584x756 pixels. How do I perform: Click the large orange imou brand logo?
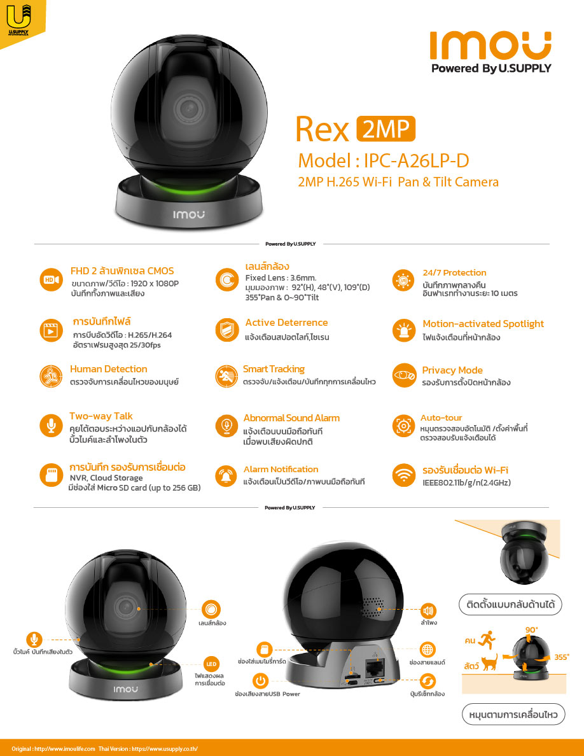click(x=490, y=46)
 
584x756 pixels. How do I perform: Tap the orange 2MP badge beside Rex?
click(x=386, y=129)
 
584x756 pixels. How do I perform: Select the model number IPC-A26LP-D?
click(x=416, y=160)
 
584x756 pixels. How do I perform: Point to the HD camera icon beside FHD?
click(x=51, y=279)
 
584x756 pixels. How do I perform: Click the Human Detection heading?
click(x=108, y=369)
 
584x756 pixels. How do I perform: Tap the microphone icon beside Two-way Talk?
click(x=51, y=425)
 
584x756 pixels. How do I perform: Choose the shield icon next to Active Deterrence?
click(x=226, y=330)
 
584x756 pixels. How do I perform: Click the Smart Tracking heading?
click(x=274, y=369)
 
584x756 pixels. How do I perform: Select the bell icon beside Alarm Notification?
click(x=226, y=476)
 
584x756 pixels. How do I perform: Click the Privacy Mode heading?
click(x=452, y=370)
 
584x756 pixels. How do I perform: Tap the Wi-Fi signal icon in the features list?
click(x=404, y=475)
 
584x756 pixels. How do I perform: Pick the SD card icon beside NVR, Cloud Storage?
click(x=51, y=475)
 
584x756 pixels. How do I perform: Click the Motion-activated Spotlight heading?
click(x=483, y=324)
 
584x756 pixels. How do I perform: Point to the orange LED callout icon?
click(x=211, y=664)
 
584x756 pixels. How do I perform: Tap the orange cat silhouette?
click(x=490, y=662)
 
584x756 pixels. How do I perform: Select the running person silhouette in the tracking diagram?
click(x=488, y=640)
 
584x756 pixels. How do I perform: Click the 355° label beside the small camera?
click(x=561, y=657)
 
